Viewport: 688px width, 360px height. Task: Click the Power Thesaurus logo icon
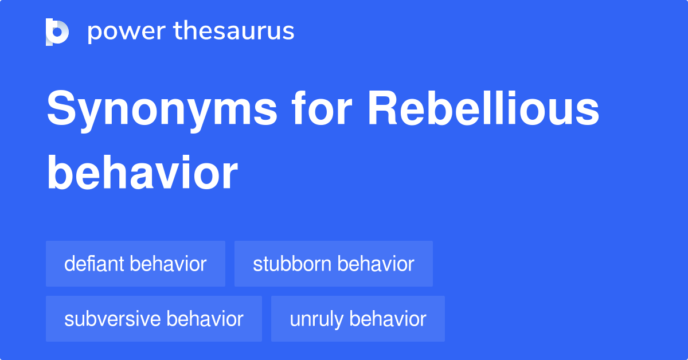57,32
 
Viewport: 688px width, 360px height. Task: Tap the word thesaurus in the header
234,30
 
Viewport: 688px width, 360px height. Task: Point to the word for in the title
321,108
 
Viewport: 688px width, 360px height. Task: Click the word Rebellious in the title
483,108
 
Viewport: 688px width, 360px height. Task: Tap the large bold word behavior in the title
142,173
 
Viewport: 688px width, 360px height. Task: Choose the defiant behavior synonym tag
135,264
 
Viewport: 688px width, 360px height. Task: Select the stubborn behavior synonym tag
334,264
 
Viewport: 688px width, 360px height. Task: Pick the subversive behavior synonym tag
154,319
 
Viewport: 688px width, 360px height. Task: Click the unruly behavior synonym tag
358,319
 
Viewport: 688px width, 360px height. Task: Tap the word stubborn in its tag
292,264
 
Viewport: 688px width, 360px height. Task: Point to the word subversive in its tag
112,319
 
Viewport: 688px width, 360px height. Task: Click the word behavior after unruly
388,319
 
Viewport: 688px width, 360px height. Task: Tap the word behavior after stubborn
376,264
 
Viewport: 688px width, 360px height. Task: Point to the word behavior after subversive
205,319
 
